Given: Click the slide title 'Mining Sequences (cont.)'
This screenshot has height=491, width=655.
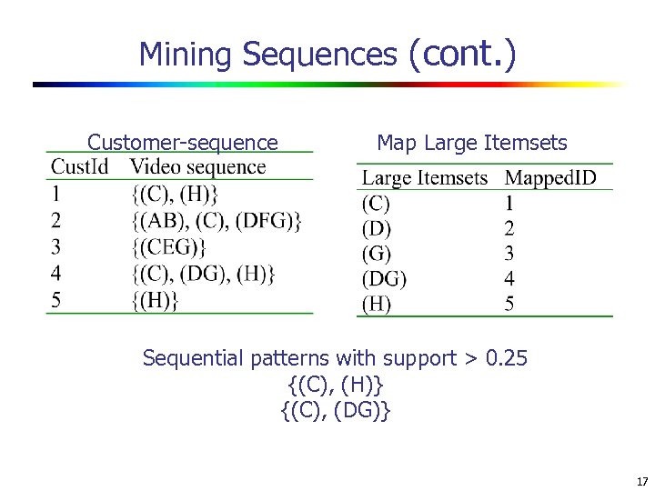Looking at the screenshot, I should [x=327, y=55].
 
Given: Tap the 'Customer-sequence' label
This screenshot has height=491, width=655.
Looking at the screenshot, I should [x=182, y=143].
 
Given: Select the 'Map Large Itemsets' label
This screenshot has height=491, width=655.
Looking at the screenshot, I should [x=471, y=143].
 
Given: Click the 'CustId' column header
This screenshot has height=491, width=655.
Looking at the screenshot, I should [x=79, y=167].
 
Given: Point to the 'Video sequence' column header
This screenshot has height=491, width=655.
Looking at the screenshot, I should [x=197, y=167].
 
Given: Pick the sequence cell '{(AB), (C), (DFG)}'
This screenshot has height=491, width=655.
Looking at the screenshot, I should [x=216, y=220].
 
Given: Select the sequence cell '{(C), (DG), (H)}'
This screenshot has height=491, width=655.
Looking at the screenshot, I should [x=202, y=273].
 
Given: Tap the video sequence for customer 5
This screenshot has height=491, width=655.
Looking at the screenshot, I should [x=154, y=300].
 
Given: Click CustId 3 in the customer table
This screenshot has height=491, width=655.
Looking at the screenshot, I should [x=56, y=246].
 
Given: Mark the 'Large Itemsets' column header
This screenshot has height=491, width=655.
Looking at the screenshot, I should [x=425, y=177].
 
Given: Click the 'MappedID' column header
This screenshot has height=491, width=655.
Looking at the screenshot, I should [x=550, y=177].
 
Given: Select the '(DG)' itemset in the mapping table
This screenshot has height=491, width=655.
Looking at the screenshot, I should [x=385, y=278].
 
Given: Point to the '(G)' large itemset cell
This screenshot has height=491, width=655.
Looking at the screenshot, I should [x=377, y=253].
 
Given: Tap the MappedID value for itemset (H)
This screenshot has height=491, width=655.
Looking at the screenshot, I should [x=509, y=304].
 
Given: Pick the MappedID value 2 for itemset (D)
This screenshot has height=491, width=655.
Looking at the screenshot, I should [x=509, y=228].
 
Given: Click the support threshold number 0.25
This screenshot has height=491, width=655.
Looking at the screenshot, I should [x=507, y=358].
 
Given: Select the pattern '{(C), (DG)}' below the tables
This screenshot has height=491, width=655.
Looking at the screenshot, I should [x=336, y=411].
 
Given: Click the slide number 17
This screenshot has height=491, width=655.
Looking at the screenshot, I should [x=642, y=481].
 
